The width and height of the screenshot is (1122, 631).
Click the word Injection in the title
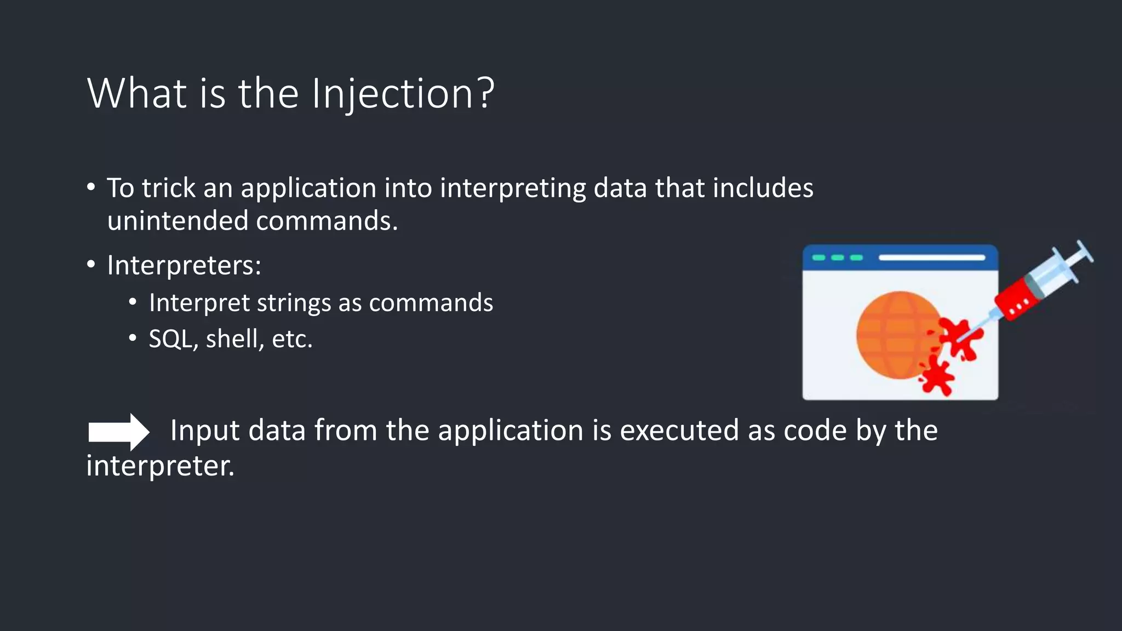392,94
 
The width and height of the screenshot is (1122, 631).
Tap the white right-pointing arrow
118,432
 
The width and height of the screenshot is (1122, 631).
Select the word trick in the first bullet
169,188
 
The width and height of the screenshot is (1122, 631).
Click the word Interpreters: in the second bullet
184,266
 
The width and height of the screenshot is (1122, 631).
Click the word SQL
170,339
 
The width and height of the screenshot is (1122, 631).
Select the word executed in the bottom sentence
679,431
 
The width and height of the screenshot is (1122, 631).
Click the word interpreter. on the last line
160,466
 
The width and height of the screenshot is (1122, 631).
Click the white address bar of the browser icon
931,257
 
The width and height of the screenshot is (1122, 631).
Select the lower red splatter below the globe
938,377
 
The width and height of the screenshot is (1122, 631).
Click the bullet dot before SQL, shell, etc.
133,339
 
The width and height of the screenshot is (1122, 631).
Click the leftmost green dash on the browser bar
818,257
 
